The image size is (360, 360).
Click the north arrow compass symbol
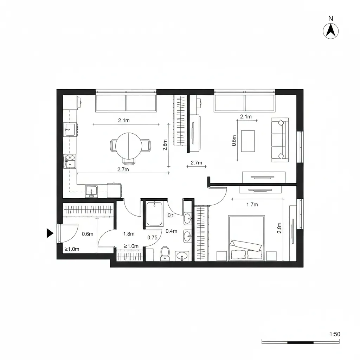[x=330, y=31]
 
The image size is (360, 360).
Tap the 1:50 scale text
[x=335, y=334]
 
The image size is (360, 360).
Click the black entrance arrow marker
[x=50, y=233]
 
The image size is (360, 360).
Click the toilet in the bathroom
[x=165, y=253]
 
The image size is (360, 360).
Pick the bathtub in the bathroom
[x=154, y=213]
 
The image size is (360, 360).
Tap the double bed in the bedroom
[x=246, y=238]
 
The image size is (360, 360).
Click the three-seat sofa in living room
[x=280, y=140]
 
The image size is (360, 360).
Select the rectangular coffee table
[x=248, y=141]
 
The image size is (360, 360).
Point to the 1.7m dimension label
[x=252, y=204]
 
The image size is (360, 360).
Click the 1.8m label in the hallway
[x=129, y=234]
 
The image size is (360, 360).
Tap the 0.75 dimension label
[x=152, y=237]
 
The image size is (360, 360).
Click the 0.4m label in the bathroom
[x=171, y=231]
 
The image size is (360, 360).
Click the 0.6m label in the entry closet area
[x=87, y=234]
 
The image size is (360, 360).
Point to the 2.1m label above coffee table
[x=246, y=117]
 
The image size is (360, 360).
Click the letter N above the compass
[x=330, y=18]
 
